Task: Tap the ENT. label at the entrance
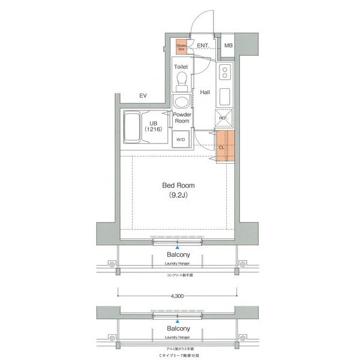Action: click(203, 46)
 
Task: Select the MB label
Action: click(229, 46)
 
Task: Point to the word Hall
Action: click(205, 92)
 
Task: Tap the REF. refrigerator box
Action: click(223, 118)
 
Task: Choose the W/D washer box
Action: click(181, 139)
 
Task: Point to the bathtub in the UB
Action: click(133, 127)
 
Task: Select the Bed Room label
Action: click(178, 185)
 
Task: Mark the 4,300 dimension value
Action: click(178, 296)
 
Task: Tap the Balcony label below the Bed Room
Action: click(178, 254)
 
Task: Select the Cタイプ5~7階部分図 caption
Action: click(178, 355)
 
